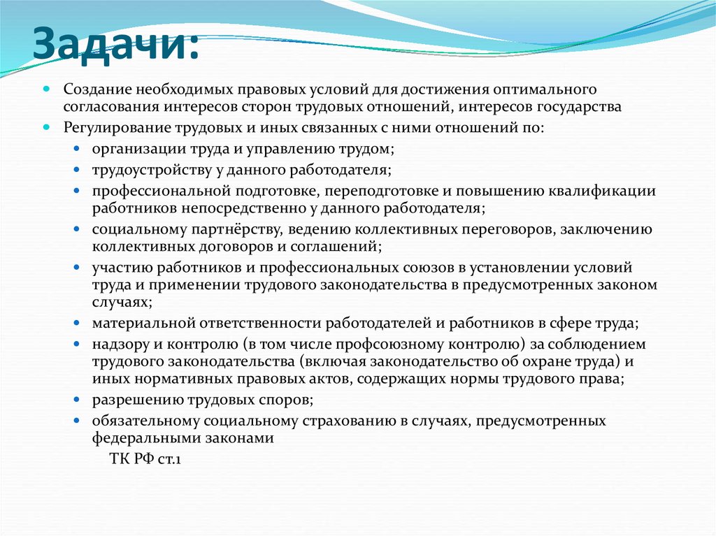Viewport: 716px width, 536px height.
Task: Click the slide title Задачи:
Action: (x=115, y=45)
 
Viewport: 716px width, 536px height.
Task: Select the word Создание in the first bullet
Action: (x=92, y=89)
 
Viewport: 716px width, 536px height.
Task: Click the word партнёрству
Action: (x=236, y=229)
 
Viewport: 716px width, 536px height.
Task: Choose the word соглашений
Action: (x=336, y=247)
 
